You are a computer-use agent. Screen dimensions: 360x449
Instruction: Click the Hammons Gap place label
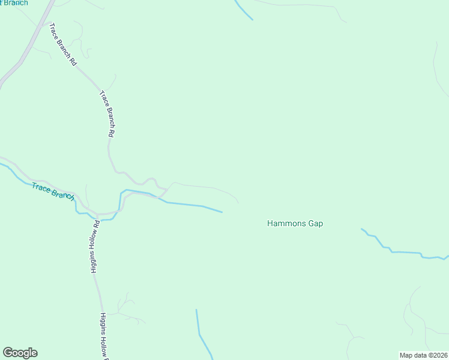pos(295,224)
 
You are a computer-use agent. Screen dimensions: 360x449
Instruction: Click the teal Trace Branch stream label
pos(53,191)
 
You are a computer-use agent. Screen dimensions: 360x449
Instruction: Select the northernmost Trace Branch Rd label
pos(63,44)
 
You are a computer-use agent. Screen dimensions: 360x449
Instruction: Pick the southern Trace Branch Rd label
pos(106,114)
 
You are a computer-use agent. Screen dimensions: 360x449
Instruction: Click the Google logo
pos(20,353)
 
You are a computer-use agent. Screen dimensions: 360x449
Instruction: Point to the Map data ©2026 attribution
pos(424,355)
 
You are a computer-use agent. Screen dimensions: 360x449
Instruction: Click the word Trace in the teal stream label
pos(42,188)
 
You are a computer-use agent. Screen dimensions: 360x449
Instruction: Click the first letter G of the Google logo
pos(8,353)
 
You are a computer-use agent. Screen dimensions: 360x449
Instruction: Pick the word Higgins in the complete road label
pos(93,262)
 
